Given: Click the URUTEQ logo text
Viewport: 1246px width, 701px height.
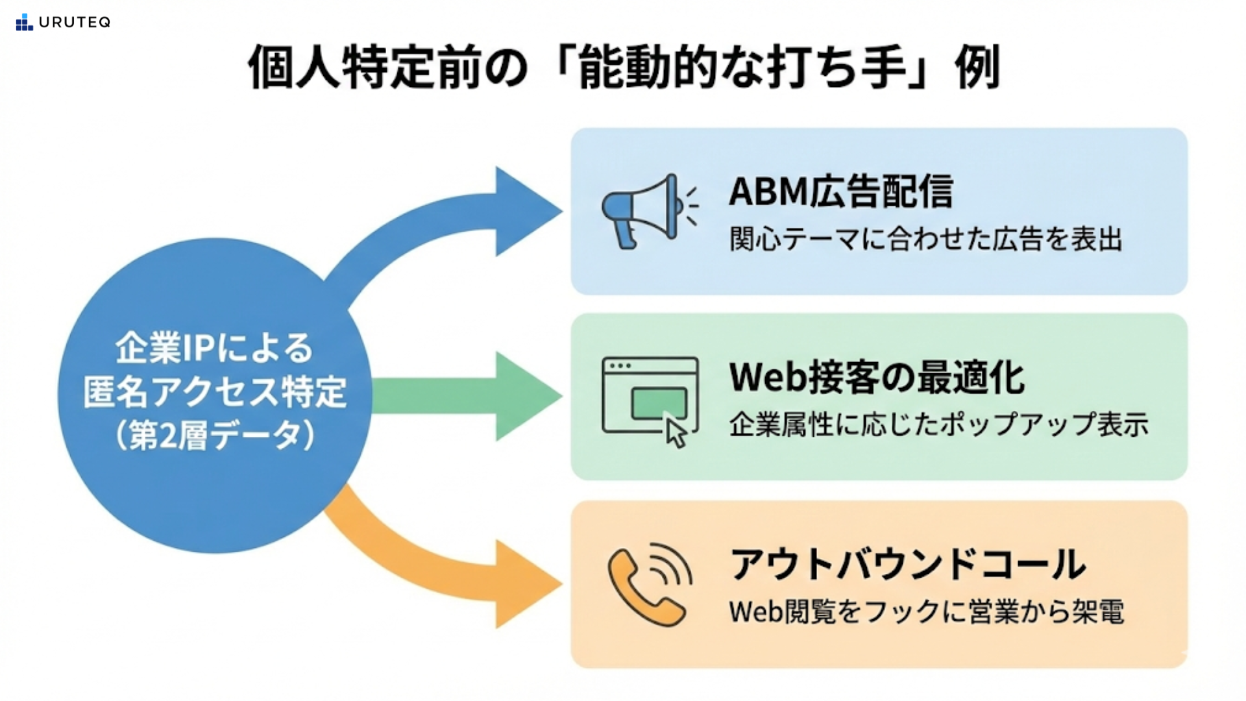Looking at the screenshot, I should [x=74, y=22].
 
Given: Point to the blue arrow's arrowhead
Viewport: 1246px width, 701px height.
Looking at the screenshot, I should [x=526, y=211].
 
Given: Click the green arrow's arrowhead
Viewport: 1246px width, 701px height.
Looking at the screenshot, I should [x=526, y=396].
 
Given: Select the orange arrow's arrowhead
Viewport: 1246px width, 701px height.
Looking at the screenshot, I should [x=526, y=584].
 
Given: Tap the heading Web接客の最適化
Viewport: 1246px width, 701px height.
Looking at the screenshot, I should [x=877, y=377].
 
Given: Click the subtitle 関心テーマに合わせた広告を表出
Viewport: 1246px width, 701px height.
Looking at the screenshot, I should [x=925, y=239].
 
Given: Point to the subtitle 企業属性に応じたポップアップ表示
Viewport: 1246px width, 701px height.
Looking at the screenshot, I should [x=938, y=424].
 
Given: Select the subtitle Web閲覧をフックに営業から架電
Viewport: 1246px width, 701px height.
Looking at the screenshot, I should [x=926, y=611].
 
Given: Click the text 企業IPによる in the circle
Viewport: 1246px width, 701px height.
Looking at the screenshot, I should [x=214, y=348].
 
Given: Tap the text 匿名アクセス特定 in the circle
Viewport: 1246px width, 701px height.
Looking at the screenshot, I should [x=215, y=391].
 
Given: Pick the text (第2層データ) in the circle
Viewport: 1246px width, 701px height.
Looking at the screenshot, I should [x=215, y=435].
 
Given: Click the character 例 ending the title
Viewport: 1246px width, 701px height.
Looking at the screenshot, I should [x=977, y=67].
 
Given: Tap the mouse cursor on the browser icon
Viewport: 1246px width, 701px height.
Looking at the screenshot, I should [x=676, y=432].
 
